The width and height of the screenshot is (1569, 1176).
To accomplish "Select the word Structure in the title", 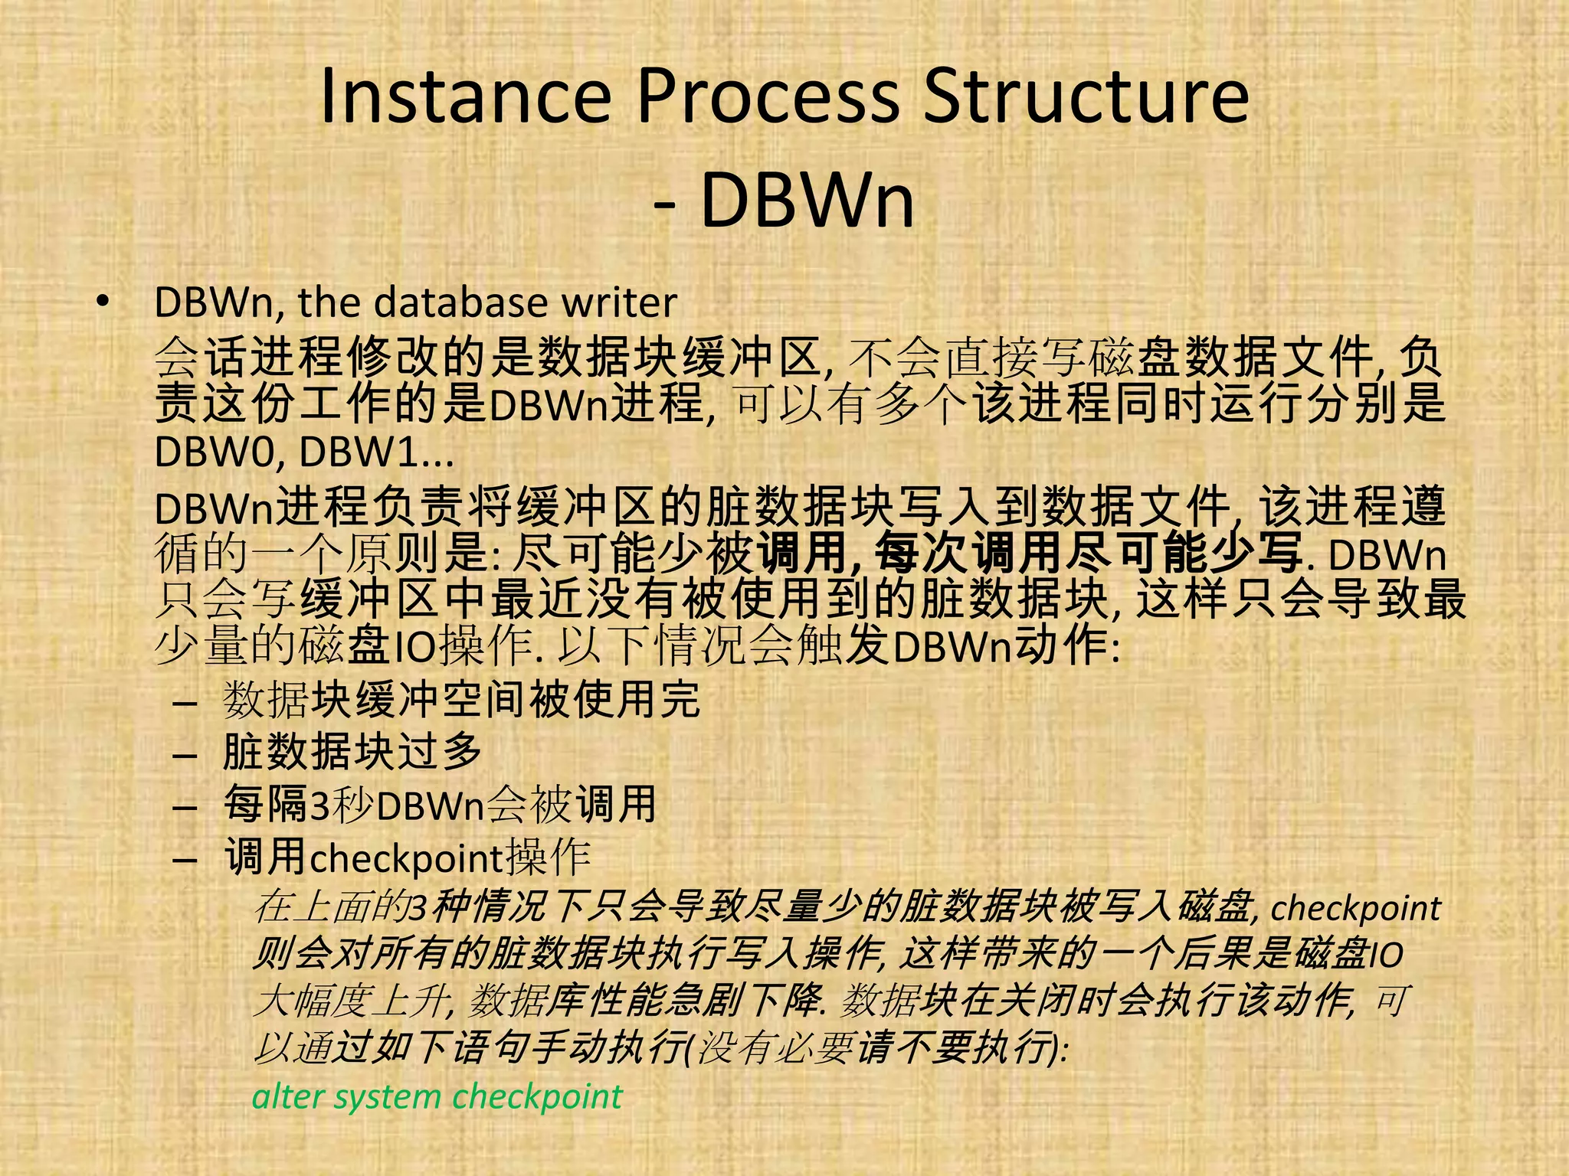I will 1086,97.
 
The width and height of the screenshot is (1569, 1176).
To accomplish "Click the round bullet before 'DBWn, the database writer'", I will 103,302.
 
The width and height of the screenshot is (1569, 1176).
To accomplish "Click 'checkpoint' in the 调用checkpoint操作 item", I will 406,859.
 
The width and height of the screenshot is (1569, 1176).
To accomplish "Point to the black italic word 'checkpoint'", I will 1355,909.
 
